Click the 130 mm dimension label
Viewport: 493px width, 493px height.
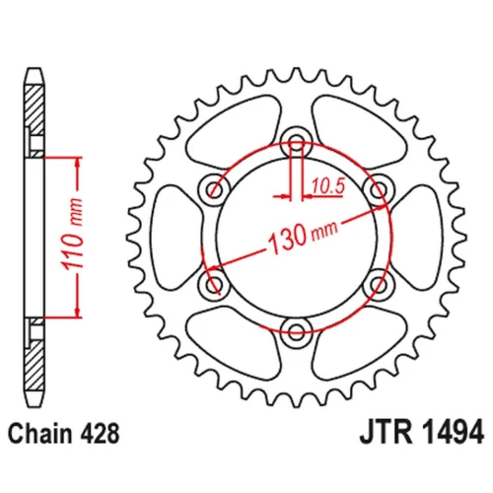(303, 236)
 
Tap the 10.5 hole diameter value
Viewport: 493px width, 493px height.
(328, 186)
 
